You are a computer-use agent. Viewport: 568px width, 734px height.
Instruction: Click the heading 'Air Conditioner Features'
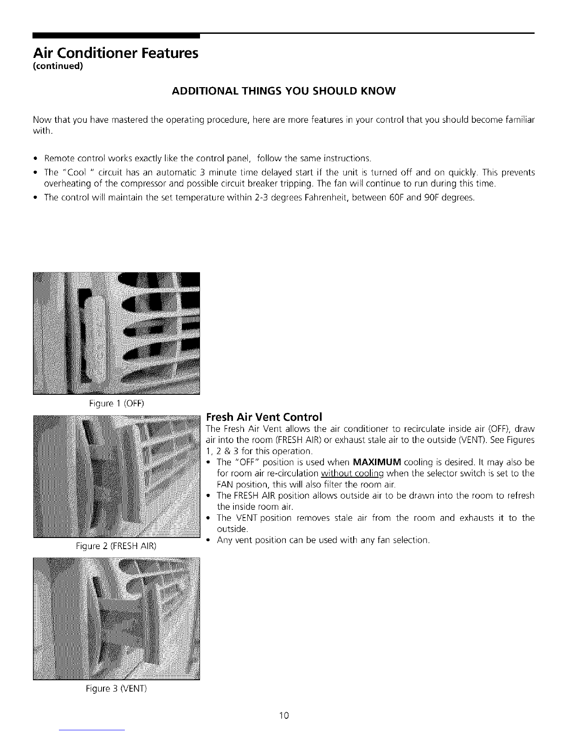[115, 52]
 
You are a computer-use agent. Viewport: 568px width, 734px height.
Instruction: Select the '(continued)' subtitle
[58, 66]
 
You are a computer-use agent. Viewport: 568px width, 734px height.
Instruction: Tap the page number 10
[284, 715]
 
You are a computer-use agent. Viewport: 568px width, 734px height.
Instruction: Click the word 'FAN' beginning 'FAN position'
[225, 485]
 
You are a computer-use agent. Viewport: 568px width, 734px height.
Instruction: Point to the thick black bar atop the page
[116, 35]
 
